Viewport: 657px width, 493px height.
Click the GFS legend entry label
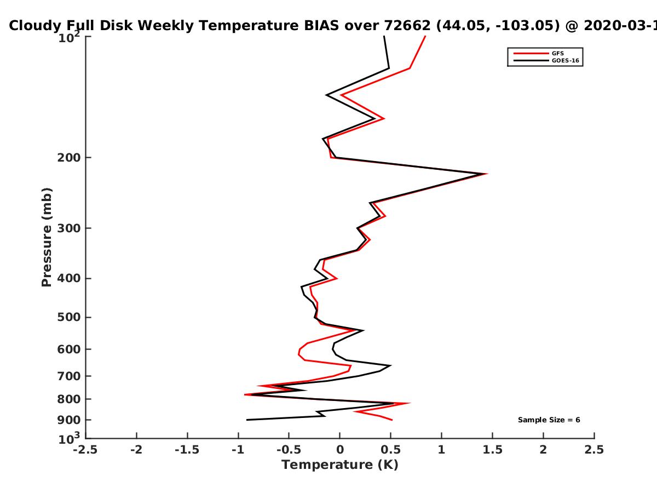click(x=557, y=54)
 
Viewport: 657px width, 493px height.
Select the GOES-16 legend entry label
click(x=565, y=60)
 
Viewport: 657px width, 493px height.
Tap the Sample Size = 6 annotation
click(x=549, y=420)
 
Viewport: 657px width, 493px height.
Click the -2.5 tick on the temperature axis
click(x=85, y=450)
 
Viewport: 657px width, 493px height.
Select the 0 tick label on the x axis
click(x=340, y=450)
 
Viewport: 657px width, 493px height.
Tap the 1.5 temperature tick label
click(x=492, y=450)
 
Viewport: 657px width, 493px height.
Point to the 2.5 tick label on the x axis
click(x=594, y=450)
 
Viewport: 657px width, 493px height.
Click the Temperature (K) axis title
click(x=340, y=465)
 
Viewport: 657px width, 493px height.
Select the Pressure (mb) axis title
click(x=47, y=237)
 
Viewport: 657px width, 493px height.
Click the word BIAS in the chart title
click(x=321, y=26)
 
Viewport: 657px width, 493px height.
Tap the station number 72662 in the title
click(x=407, y=26)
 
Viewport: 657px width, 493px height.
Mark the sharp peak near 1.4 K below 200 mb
click(x=486, y=174)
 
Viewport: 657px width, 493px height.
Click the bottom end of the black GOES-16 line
click(x=247, y=420)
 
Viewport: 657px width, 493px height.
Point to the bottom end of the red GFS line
click(x=392, y=420)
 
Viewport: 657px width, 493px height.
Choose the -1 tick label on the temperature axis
click(x=238, y=450)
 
